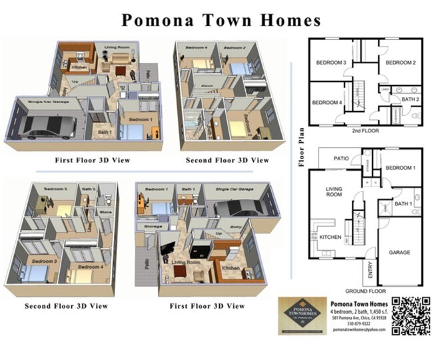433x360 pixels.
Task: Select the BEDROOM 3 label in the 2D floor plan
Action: pyautogui.click(x=331, y=63)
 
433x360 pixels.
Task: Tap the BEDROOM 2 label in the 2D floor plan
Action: pyautogui.click(x=400, y=63)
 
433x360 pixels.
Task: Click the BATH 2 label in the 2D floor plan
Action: pyautogui.click(x=411, y=100)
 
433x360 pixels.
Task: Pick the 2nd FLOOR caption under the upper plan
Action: pyautogui.click(x=364, y=131)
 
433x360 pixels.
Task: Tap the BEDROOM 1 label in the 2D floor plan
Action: pyautogui.click(x=400, y=168)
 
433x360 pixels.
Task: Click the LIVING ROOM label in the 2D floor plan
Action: pyautogui.click(x=334, y=193)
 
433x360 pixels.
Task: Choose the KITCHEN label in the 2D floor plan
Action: pyautogui.click(x=331, y=237)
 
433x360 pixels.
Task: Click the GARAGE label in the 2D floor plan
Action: pyautogui.click(x=400, y=253)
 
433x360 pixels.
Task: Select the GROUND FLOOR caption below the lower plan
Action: pyautogui.click(x=365, y=291)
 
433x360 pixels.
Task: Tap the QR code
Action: pyautogui.click(x=413, y=316)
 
